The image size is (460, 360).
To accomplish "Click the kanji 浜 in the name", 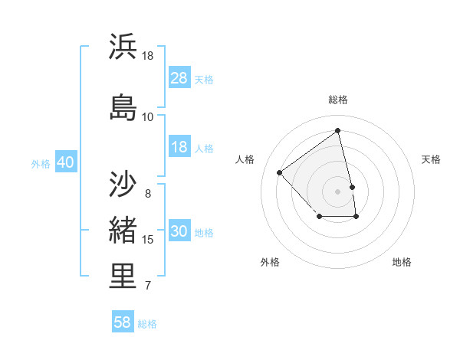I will [x=123, y=47].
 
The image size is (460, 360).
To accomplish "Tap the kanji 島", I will [x=123, y=106].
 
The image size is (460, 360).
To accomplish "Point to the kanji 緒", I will [x=123, y=231].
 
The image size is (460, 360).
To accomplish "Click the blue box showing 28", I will [x=179, y=78].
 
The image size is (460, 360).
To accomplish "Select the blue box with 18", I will [x=179, y=148].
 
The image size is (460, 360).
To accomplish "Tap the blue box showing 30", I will [x=179, y=232].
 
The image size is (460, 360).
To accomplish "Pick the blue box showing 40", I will [x=65, y=163].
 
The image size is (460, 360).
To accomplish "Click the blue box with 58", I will [x=123, y=322].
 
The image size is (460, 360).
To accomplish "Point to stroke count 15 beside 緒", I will [x=148, y=240].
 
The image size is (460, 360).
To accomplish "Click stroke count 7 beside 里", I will [x=147, y=286].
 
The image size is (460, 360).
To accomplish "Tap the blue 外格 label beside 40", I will [x=41, y=164].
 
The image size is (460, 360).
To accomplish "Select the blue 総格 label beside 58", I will [x=147, y=324].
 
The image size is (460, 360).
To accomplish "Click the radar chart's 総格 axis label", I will [x=338, y=100].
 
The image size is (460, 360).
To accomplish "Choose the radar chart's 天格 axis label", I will [x=431, y=159].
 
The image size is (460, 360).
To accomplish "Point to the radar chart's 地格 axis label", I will [x=402, y=262].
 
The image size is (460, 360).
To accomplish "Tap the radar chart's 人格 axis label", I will [x=245, y=159].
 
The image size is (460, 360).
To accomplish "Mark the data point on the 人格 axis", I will [x=280, y=172].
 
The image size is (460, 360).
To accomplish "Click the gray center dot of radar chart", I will [x=338, y=191].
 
